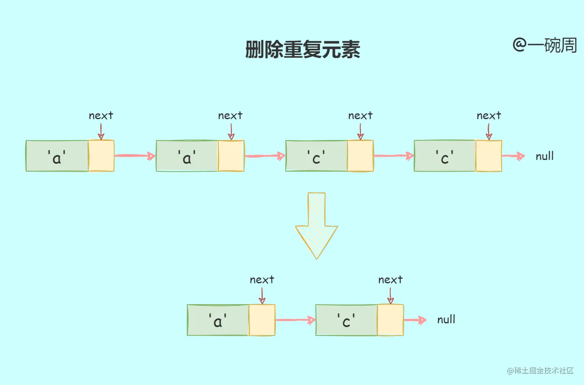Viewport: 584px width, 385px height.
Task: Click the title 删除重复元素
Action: point(302,50)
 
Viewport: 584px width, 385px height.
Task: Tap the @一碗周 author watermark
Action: point(544,45)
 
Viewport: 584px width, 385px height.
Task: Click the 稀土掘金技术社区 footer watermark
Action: point(541,370)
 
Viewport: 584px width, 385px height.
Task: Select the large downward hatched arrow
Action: point(316,225)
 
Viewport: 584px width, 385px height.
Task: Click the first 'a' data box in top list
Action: point(57,156)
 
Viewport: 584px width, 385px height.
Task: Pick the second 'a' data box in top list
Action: point(187,156)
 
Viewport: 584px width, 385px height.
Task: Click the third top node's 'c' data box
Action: point(316,156)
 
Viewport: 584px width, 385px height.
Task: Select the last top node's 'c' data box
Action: point(445,156)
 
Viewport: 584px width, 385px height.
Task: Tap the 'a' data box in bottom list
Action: point(218,320)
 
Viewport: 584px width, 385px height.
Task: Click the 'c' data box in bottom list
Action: point(346,320)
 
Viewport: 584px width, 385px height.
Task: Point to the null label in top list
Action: point(544,156)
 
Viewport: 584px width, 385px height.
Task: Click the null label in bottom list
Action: point(446,320)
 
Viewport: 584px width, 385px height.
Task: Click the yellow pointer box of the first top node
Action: point(101,156)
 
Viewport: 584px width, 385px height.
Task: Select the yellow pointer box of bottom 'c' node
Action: point(390,320)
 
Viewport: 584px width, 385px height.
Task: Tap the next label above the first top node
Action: point(101,115)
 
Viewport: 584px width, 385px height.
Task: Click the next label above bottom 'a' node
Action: point(262,280)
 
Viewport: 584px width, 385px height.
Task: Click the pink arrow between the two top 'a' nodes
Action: point(135,156)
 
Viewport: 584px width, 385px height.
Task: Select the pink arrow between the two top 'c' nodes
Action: point(393,156)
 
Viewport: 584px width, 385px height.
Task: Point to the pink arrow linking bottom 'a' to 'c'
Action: point(295,320)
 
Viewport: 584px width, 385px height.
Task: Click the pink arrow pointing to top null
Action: point(513,156)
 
